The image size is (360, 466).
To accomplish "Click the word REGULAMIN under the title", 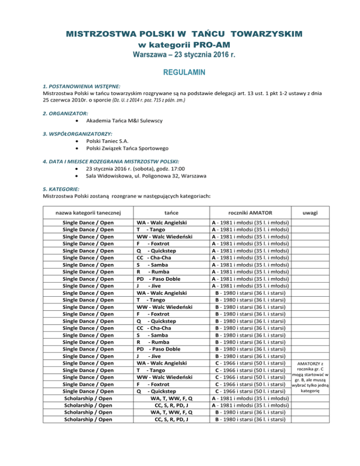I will [x=180, y=73].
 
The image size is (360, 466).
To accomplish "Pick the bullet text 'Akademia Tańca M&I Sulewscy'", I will [x=125, y=121].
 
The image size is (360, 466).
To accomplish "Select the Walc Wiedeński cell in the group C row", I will [x=164, y=377].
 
